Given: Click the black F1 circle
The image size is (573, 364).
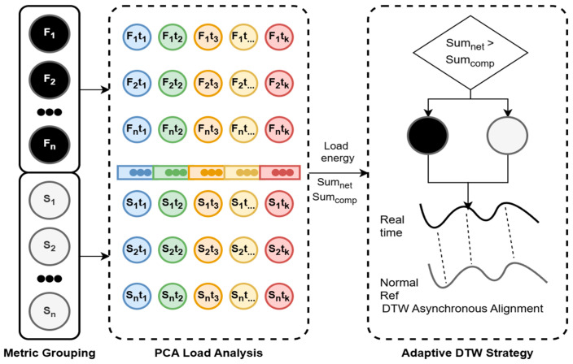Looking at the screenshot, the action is (50, 33).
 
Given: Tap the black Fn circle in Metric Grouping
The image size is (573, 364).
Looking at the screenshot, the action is (50, 144).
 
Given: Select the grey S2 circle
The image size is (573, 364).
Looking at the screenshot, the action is (50, 246).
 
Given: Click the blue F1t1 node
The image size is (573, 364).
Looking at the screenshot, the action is (137, 37).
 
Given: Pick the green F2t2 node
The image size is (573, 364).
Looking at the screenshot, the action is (173, 83).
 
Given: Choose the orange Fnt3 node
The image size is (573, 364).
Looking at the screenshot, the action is (208, 129).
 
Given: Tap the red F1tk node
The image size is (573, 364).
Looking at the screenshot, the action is (279, 37).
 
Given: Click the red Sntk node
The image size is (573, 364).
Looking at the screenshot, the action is (279, 296).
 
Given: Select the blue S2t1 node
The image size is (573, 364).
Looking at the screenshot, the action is (137, 249).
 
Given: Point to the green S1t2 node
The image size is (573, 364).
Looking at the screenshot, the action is (173, 203).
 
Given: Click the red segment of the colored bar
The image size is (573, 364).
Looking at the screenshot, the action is (280, 172).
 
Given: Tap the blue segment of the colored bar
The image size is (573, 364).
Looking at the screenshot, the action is (135, 172).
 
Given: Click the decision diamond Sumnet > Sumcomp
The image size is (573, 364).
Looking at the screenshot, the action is (470, 53).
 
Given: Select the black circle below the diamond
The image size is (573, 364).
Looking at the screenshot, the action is (428, 136).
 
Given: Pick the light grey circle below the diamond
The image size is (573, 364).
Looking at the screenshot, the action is (507, 136).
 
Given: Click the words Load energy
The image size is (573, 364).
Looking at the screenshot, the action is (337, 152).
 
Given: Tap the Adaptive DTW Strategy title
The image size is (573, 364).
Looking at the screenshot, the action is (467, 353).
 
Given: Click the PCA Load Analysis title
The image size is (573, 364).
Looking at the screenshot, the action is (208, 353).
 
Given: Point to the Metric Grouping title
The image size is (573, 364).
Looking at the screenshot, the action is (50, 353).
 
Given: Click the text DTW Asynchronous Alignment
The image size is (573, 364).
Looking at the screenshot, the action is (462, 309).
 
